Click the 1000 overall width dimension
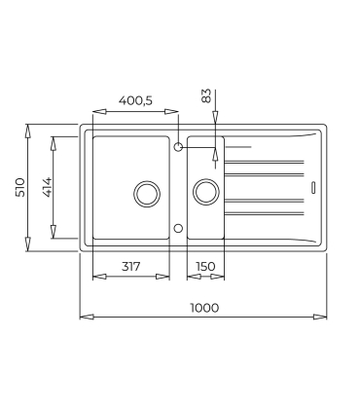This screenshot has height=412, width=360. [204, 308]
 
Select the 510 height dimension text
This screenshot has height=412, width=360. [20, 187]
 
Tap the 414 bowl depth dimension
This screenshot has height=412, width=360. [47, 187]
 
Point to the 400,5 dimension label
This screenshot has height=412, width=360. [135, 100]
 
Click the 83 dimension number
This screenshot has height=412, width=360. [206, 96]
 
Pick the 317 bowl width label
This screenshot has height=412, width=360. [131, 267]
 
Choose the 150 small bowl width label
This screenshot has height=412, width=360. [205, 267]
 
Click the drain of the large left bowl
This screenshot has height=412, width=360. [147, 194]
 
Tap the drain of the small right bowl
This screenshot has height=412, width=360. [206, 192]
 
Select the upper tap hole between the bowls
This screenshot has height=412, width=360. [178, 147]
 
